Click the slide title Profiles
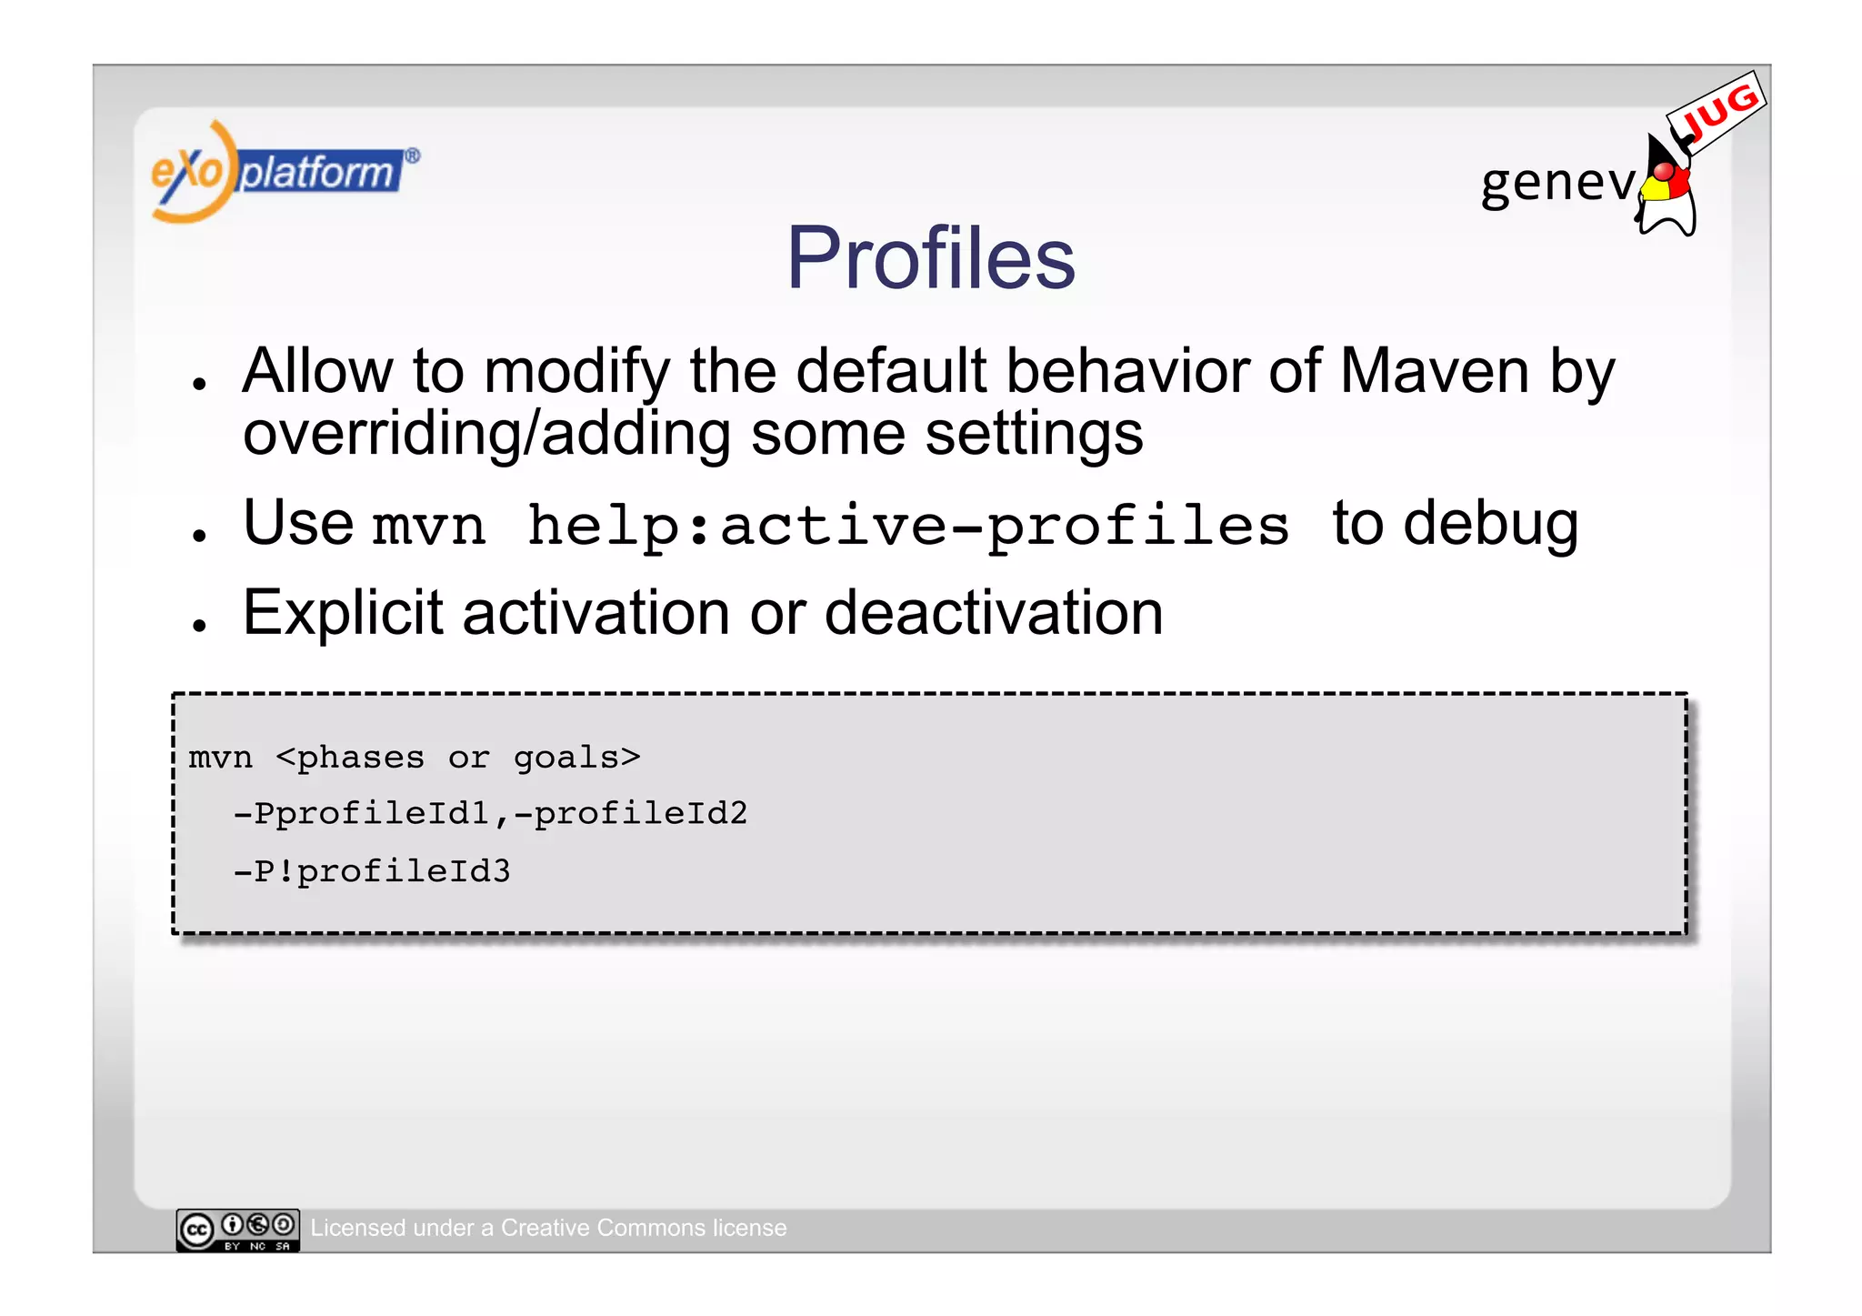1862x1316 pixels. (930, 258)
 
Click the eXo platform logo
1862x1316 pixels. (284, 172)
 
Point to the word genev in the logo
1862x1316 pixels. (1557, 182)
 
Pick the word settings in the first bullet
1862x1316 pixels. (1034, 434)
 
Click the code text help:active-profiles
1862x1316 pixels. (907, 527)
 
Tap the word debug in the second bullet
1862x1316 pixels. (1490, 525)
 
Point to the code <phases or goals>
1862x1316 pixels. (457, 758)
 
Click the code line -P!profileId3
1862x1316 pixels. (372, 871)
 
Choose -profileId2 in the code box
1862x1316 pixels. (631, 813)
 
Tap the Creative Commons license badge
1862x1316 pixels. (237, 1230)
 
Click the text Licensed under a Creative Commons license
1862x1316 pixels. (548, 1228)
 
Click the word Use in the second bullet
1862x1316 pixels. (298, 524)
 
